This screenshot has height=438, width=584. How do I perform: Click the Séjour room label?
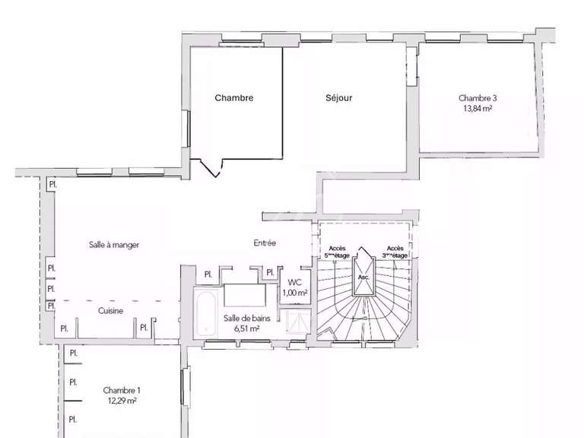339,98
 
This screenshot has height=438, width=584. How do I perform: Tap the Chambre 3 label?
478,98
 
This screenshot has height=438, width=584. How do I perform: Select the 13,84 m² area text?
478,109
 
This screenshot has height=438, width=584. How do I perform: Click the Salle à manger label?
113,244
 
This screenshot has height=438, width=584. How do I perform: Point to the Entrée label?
265,243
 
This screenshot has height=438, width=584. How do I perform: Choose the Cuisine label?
111,310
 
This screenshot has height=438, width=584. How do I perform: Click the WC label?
294,281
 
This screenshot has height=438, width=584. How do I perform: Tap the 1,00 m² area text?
294,293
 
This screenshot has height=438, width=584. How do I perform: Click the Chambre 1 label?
122,390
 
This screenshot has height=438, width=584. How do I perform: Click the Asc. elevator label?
363,278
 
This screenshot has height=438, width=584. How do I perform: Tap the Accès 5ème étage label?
338,252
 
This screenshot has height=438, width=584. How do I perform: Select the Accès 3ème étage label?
396,252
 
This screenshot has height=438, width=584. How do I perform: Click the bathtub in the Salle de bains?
205,313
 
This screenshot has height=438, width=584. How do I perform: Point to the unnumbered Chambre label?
233,98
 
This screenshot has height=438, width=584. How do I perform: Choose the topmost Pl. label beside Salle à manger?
52,185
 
